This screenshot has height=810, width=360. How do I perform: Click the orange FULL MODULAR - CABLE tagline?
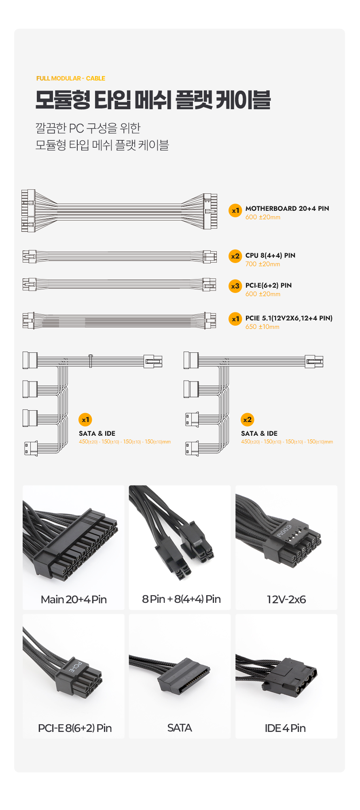(71, 78)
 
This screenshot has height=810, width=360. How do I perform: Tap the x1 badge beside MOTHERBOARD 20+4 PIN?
(235, 210)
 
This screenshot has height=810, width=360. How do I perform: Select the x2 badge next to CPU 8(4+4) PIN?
(235, 256)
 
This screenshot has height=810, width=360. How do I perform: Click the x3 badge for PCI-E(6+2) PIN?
(235, 286)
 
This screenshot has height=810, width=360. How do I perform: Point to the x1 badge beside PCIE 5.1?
(235, 319)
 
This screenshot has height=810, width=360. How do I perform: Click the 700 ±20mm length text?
(263, 264)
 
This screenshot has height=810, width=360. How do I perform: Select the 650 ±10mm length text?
(262, 327)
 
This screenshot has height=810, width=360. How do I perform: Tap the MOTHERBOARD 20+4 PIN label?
(287, 208)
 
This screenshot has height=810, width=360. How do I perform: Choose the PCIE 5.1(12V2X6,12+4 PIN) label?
(289, 318)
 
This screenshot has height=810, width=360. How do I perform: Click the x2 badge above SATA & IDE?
(247, 420)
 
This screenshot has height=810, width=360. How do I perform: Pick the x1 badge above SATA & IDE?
(85, 420)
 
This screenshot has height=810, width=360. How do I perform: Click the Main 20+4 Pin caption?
(74, 600)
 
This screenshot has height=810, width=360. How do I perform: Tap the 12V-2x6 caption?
(286, 600)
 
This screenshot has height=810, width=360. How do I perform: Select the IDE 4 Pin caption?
(285, 728)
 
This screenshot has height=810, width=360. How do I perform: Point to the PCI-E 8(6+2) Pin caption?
(75, 728)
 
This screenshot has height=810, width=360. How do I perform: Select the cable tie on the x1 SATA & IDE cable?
(91, 360)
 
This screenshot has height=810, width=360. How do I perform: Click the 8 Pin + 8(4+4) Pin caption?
(181, 599)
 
